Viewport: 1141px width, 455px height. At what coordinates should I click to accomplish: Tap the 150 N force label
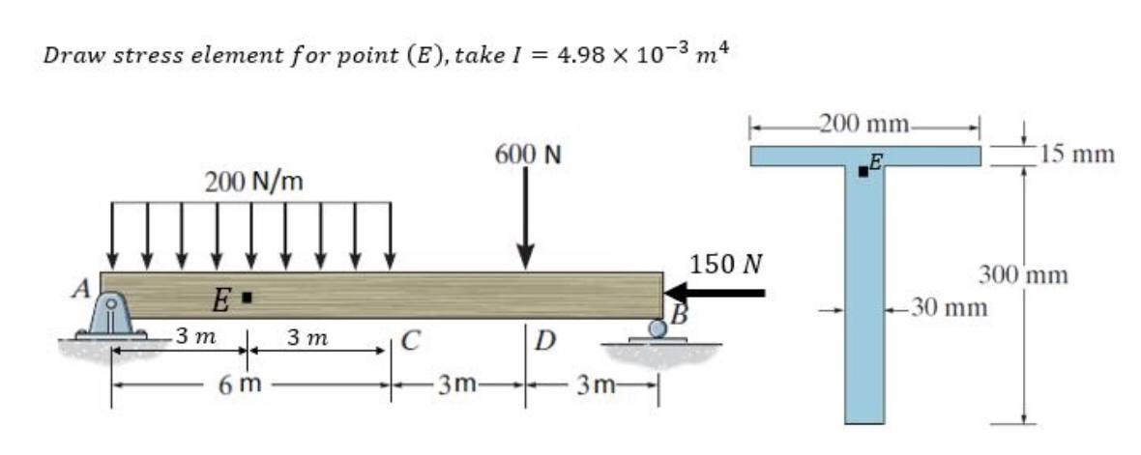[x=727, y=263]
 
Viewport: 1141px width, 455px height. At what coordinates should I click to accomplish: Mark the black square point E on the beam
[x=248, y=298]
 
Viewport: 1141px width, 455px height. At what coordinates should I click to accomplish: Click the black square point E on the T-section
[x=863, y=173]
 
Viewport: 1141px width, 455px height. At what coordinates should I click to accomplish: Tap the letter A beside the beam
[x=86, y=287]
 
